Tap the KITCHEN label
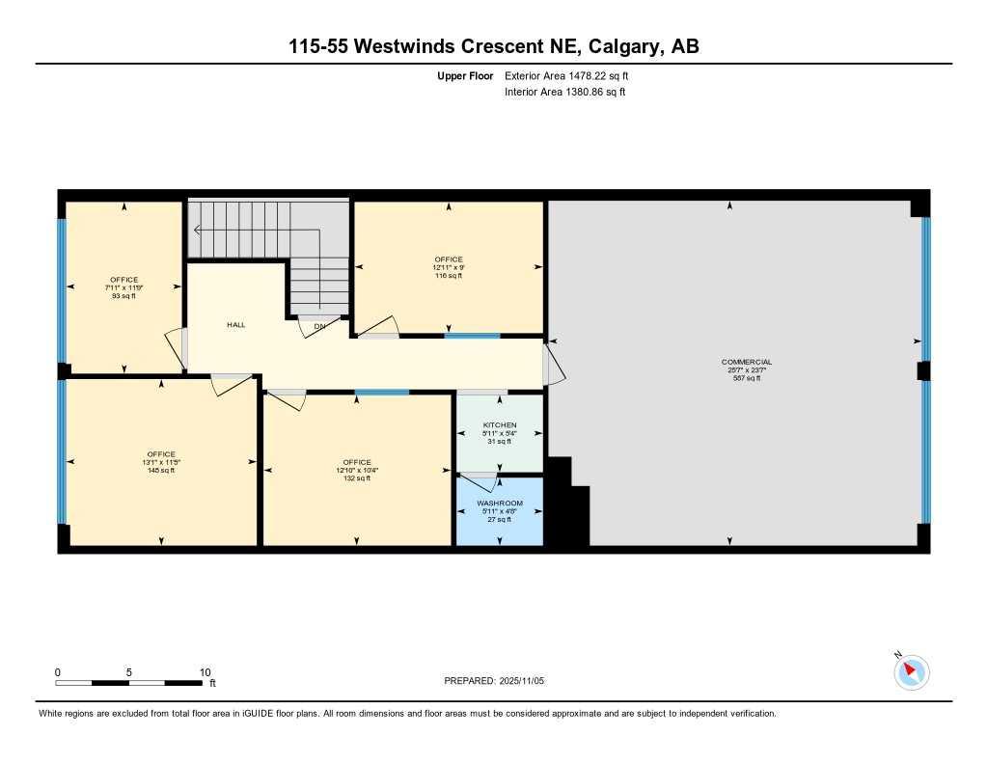(500, 425)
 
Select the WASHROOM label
(500, 504)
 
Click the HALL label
(235, 325)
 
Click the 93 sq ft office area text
(123, 296)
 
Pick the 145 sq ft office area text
(161, 471)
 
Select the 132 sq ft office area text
(356, 478)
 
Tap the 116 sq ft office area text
(449, 276)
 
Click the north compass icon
(911, 671)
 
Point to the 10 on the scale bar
(205, 672)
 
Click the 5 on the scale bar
(128, 672)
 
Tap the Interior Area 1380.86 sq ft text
(565, 93)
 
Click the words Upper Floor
(465, 75)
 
